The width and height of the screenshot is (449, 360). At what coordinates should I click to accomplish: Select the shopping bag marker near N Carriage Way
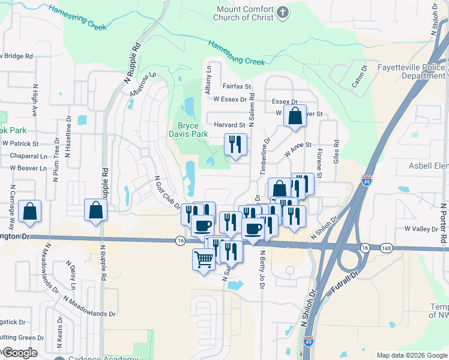pos(29,211)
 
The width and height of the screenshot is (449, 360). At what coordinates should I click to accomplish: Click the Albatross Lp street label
pos(142,85)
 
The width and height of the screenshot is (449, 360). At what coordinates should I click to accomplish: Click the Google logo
pos(20,353)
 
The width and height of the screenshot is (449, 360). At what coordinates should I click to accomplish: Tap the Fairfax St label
pos(236,87)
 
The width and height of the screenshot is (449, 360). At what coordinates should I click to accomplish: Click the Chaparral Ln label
pos(28,156)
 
